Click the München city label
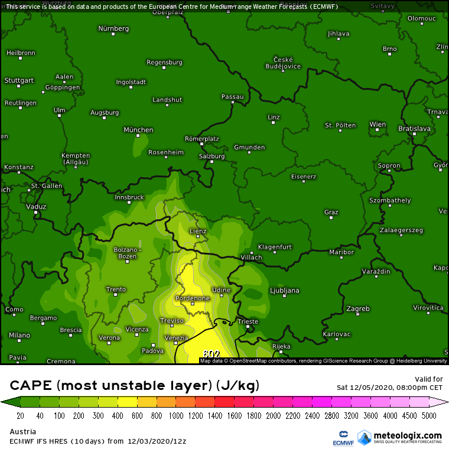138,130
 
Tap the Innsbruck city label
129,197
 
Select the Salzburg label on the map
212,157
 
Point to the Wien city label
378,125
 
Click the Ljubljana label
284,291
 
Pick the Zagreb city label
358,308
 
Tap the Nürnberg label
113,28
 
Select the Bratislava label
414,128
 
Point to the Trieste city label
248,322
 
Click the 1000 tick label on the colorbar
176,416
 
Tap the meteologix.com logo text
408,436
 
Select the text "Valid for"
430,379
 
